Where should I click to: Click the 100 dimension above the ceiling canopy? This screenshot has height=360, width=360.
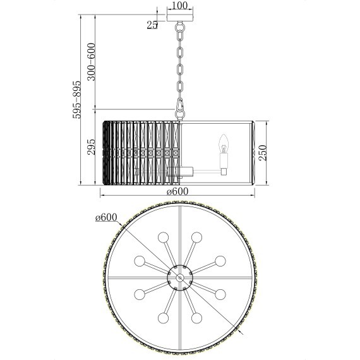coord(180,6)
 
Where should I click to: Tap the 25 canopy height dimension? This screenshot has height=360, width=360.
coord(152,25)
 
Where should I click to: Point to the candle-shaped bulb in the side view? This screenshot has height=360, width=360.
coord(223,144)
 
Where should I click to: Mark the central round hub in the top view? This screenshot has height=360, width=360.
coord(180,277)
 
